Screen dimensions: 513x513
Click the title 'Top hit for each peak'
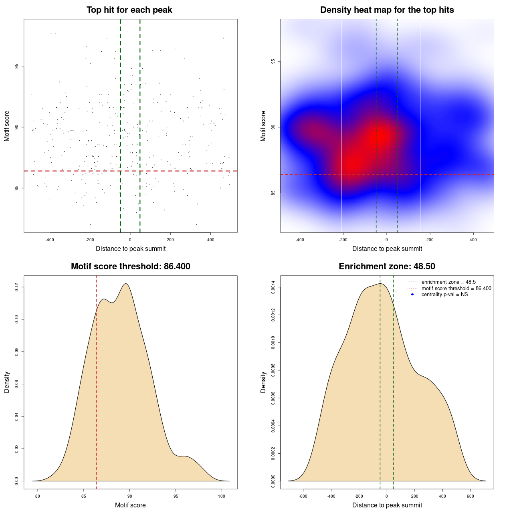point(129,10)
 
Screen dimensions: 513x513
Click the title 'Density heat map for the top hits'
point(387,10)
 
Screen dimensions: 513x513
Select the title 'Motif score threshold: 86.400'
point(130,267)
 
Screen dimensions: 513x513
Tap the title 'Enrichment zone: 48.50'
point(387,267)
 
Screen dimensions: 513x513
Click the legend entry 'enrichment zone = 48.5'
point(448,282)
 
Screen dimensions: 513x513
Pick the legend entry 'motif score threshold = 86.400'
point(456,289)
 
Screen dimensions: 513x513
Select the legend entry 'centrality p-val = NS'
point(444,295)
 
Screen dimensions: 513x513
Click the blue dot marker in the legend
point(412,295)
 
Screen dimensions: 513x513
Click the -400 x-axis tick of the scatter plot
point(50,240)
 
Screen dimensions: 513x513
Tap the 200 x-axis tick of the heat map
point(430,240)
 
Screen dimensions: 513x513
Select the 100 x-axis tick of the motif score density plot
point(222,497)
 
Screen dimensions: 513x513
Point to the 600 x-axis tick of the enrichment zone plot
point(470,497)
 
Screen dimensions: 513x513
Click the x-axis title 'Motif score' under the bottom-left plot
point(130,505)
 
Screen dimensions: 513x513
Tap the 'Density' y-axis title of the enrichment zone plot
point(263,382)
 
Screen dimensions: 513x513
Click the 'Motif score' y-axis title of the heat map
point(263,126)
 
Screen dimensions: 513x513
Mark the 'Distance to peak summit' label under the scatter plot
point(131,248)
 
